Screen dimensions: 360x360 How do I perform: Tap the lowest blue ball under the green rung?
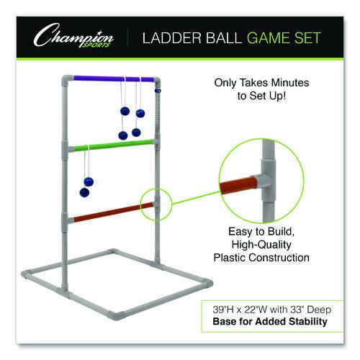84,193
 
